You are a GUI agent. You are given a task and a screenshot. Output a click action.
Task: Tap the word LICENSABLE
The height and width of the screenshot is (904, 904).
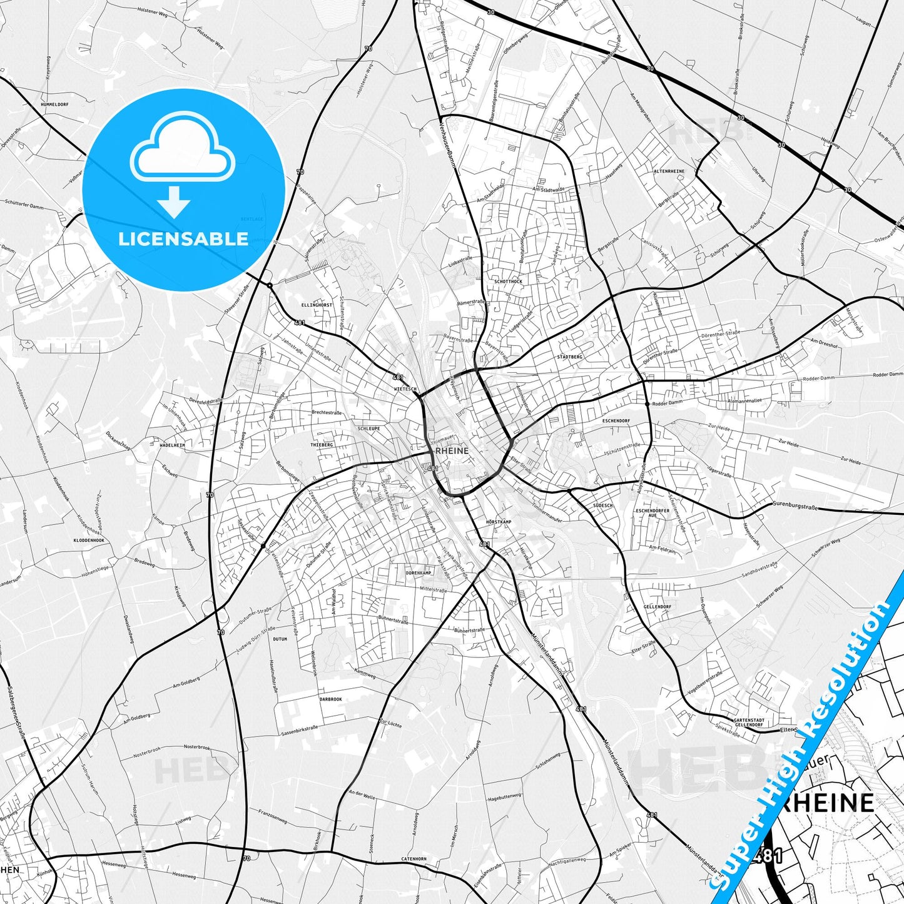coord(183,239)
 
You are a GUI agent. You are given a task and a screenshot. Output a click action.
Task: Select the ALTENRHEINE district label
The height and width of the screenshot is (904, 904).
coord(669,171)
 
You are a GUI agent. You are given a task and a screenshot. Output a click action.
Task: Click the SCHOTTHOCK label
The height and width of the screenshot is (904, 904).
coord(508,282)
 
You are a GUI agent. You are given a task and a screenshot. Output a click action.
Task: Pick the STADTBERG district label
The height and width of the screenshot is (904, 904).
coord(569,357)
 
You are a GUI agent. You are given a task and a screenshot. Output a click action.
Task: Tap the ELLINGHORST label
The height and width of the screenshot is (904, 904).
coord(317,305)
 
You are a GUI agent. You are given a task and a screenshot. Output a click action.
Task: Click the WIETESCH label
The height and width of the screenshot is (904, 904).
coord(405,389)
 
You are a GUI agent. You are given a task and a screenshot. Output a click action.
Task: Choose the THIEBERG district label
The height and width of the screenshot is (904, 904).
coord(322,444)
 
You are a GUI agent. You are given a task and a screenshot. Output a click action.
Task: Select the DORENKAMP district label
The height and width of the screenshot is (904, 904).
coord(419,573)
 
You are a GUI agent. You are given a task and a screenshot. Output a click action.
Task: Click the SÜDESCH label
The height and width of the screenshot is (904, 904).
coord(603,505)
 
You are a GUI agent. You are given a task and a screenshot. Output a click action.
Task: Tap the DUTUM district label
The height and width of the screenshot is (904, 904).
coord(280,639)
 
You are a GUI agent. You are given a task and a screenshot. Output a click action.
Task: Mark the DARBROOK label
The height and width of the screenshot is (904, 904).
coord(330,699)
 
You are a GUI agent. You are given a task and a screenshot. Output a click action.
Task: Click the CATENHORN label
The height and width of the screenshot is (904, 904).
coord(414,859)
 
